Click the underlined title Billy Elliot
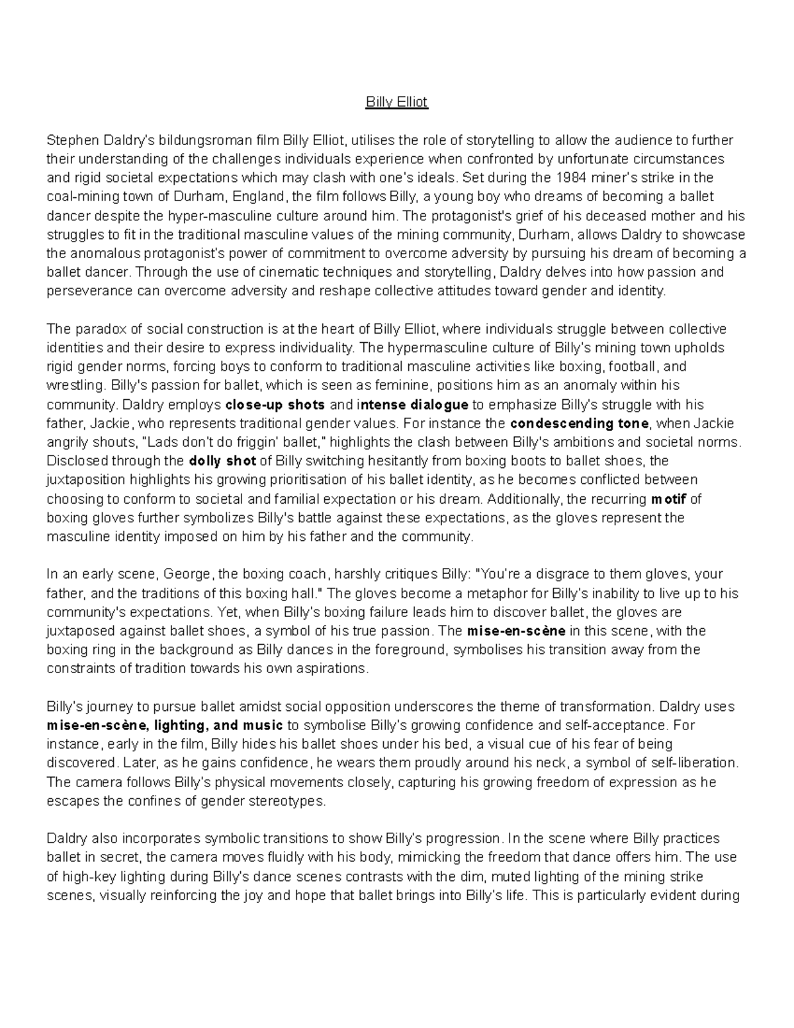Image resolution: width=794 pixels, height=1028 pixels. [x=397, y=103]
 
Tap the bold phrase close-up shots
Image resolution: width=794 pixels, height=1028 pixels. [x=275, y=404]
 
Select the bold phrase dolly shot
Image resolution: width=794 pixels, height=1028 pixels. [x=222, y=461]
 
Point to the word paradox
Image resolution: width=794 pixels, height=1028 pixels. [x=93, y=329]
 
